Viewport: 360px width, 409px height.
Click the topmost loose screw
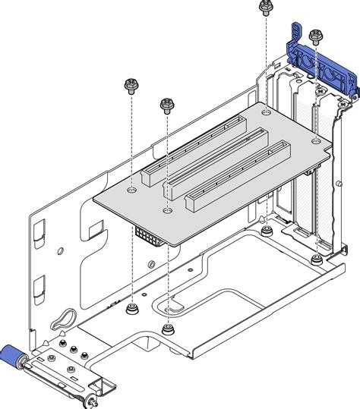[x=265, y=8]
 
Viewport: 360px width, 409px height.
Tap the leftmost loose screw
[x=131, y=85]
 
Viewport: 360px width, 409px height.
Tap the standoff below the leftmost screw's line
[x=131, y=308]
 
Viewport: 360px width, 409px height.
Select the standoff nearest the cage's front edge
[x=167, y=330]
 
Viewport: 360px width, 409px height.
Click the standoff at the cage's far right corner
[x=315, y=260]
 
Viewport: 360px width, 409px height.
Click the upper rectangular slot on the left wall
[x=41, y=229]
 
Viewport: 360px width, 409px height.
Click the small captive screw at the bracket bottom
[x=91, y=400]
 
